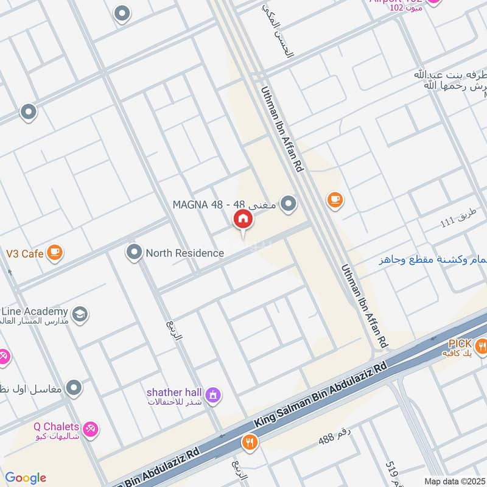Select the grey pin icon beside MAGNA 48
pyautogui.click(x=289, y=203)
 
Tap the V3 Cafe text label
pyautogui.click(x=24, y=253)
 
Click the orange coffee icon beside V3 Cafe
pyautogui.click(x=55, y=251)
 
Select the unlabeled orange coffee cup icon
pyautogui.click(x=334, y=198)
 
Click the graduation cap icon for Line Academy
pyautogui.click(x=79, y=315)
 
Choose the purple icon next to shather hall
pyautogui.click(x=213, y=396)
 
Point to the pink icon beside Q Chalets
pyautogui.click(x=90, y=429)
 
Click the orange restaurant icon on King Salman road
pyautogui.click(x=248, y=442)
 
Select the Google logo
pyautogui.click(x=26, y=477)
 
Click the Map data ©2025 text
pyautogui.click(x=454, y=481)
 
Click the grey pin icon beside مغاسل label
pyautogui.click(x=74, y=387)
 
